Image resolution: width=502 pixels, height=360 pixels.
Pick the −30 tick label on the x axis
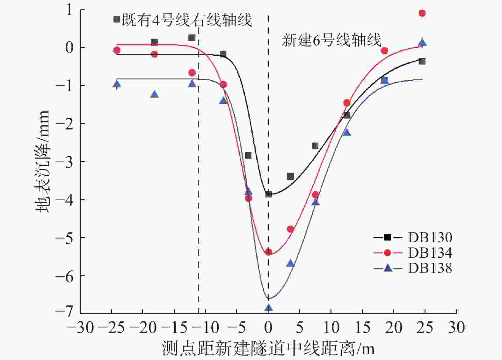coord(80,327)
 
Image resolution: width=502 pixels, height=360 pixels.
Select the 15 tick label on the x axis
coord(362,327)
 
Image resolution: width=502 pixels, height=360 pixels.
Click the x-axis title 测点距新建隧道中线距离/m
coord(268,348)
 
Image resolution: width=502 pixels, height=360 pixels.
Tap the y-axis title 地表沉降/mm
coord(43,161)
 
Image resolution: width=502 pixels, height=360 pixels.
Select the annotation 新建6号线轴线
coord(331,41)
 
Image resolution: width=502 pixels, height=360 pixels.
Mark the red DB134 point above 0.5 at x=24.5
coord(422,13)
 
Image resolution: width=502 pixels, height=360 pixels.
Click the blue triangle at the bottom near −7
coord(268,308)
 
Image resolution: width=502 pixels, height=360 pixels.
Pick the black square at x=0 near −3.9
coord(268,194)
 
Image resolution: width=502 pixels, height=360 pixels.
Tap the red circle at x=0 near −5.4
coord(268,252)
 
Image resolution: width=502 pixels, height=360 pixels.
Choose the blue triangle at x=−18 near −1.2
coord(154,94)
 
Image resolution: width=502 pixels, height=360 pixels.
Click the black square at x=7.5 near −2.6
coord(315,146)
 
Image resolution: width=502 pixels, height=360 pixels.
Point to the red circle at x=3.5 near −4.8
coord(290,229)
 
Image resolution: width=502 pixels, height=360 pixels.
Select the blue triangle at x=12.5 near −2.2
coord(347,132)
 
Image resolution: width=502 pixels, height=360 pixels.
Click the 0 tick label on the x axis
coord(268,327)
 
